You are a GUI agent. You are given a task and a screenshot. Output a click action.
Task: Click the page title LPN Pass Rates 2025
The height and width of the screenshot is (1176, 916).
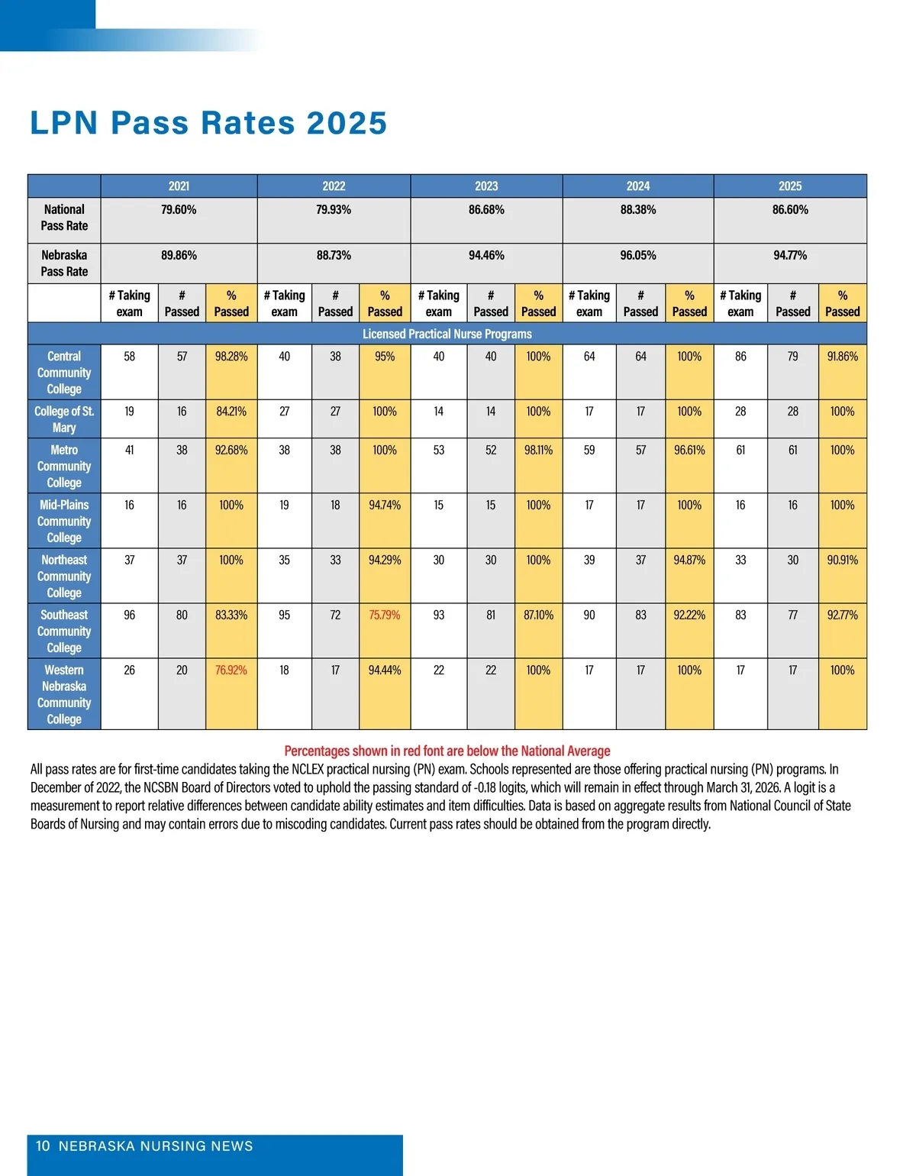click(208, 123)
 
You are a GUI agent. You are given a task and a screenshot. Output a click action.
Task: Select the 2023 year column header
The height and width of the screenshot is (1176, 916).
click(486, 186)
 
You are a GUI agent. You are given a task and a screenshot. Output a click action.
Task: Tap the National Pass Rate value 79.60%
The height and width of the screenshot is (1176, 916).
click(179, 210)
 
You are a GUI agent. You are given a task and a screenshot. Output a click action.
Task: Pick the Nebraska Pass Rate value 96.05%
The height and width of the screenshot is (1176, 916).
click(638, 256)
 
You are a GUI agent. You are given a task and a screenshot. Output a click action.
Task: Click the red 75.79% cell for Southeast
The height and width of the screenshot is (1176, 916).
click(385, 615)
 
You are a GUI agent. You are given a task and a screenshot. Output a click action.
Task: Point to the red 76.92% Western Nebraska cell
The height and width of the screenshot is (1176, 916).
click(231, 670)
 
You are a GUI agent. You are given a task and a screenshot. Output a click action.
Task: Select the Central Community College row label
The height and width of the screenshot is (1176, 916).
click(64, 373)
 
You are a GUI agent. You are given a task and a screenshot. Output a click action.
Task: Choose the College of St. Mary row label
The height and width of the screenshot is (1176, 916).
click(64, 419)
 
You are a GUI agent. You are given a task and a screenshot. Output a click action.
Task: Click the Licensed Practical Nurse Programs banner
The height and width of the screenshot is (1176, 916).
click(447, 334)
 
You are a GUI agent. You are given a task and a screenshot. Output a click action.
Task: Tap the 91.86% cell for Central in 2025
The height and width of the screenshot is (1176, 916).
click(842, 357)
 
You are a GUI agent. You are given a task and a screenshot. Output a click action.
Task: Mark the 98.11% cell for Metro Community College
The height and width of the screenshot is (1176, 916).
click(538, 451)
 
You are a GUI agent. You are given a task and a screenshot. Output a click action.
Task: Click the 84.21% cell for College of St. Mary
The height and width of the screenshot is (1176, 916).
click(231, 412)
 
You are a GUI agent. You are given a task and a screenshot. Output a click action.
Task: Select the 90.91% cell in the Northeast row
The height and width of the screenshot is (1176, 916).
click(842, 561)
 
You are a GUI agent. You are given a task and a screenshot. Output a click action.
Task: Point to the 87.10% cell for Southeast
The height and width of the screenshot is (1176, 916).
click(538, 615)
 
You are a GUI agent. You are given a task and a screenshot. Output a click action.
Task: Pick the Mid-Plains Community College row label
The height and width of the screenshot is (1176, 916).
click(64, 521)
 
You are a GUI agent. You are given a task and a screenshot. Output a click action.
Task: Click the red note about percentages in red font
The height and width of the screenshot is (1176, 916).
click(447, 751)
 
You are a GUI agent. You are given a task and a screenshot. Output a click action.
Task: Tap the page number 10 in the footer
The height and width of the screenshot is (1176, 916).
click(43, 1146)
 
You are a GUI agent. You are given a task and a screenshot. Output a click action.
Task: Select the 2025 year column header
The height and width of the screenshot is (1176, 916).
click(790, 186)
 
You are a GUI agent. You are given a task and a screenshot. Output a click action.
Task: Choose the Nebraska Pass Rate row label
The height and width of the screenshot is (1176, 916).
click(64, 263)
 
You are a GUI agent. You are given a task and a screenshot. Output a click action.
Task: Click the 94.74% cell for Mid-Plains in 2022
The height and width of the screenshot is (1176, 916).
click(385, 506)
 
